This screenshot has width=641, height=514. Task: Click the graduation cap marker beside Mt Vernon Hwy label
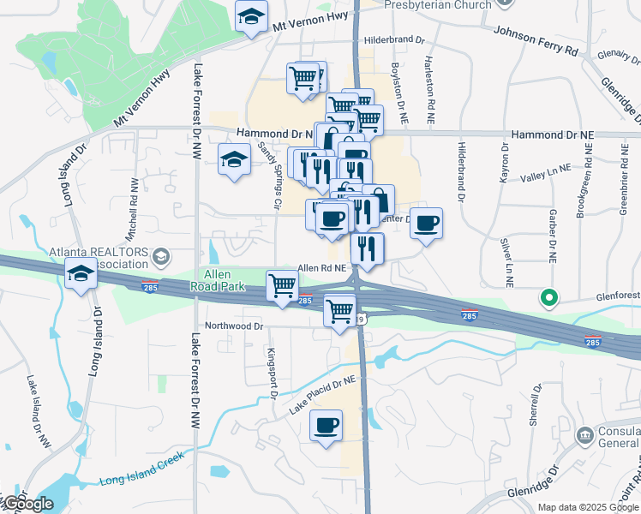(252, 16)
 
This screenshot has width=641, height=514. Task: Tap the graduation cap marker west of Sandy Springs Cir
(233, 159)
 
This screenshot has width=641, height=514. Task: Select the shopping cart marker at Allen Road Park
(282, 285)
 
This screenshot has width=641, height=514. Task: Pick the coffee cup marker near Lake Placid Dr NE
(326, 425)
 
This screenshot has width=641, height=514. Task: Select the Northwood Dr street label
(234, 326)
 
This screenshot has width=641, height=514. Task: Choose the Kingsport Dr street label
(272, 374)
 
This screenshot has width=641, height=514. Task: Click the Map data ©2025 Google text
(587, 507)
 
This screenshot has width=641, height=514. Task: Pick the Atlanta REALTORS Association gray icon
(161, 256)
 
